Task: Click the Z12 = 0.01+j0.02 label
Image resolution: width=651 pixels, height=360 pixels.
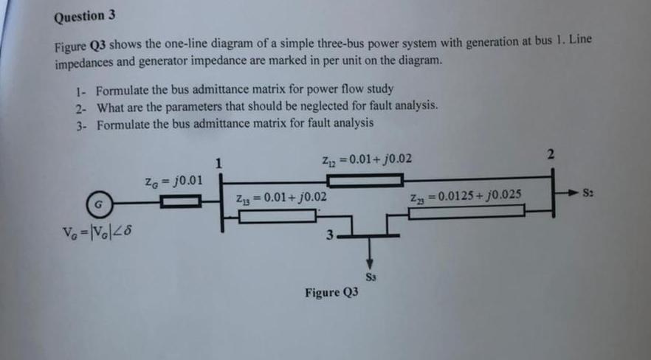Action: pos(367,159)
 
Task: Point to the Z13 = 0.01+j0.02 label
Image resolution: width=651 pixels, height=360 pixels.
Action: pos(280,198)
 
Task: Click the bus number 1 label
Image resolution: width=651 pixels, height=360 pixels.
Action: pos(218,163)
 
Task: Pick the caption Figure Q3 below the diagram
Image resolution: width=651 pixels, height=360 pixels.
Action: pos(331,293)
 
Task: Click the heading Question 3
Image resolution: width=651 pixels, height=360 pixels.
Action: pos(84,16)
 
